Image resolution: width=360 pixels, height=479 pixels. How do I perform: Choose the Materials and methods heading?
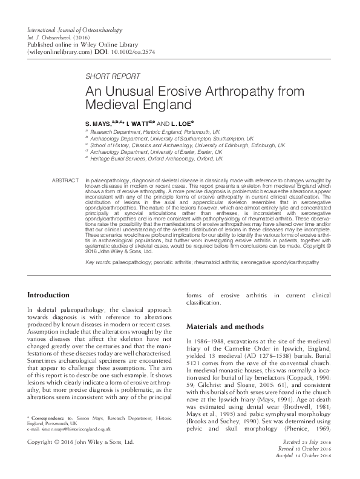tap(225, 326)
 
